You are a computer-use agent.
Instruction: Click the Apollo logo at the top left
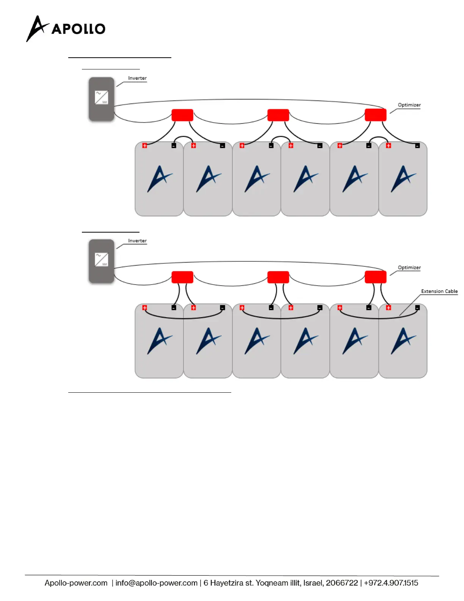pyautogui.click(x=66, y=28)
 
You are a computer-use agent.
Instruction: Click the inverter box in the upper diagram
pyautogui.click(x=101, y=99)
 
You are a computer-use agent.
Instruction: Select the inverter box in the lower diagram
pyautogui.click(x=101, y=261)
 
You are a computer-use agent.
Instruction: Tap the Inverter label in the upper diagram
pyautogui.click(x=137, y=78)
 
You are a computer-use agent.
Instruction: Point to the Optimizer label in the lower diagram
pyautogui.click(x=409, y=267)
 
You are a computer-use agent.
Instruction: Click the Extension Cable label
pyautogui.click(x=439, y=291)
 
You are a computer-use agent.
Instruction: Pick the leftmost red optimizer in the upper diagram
pyautogui.click(x=182, y=115)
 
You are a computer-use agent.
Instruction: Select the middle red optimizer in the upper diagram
pyautogui.click(x=278, y=115)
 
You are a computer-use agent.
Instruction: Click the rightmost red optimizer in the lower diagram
pyautogui.click(x=375, y=277)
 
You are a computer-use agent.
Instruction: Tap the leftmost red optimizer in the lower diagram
pyautogui.click(x=182, y=277)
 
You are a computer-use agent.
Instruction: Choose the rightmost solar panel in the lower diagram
pyautogui.click(x=403, y=341)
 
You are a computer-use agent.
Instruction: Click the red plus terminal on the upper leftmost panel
pyautogui.click(x=144, y=146)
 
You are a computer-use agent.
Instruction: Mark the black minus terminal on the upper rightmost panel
pyautogui.click(x=417, y=146)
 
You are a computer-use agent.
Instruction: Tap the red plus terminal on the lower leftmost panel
pyautogui.click(x=144, y=308)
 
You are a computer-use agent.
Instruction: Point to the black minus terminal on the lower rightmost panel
pyautogui.click(x=417, y=308)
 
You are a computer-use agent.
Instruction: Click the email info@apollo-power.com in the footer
pyautogui.click(x=156, y=583)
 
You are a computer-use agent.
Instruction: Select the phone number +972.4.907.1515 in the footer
pyautogui.click(x=391, y=583)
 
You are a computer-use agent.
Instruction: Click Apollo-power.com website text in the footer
pyautogui.click(x=76, y=583)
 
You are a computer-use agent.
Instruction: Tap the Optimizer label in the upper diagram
pyautogui.click(x=409, y=105)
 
